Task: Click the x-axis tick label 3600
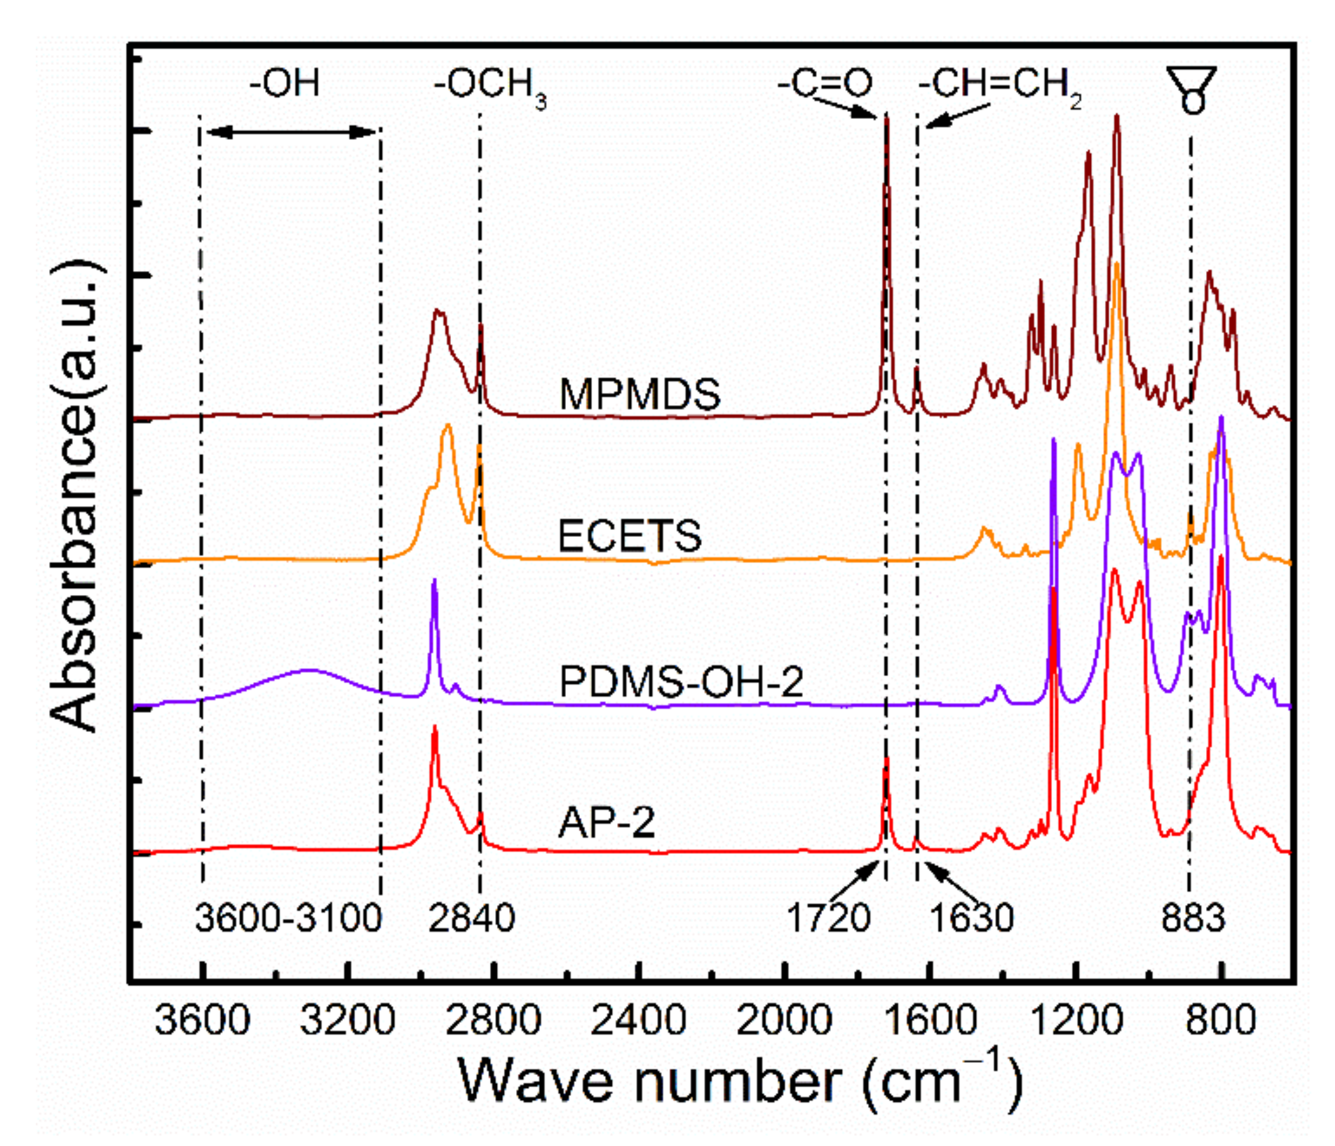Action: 202,1020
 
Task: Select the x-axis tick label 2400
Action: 638,1020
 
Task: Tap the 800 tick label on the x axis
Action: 1220,1020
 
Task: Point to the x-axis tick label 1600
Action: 929,1020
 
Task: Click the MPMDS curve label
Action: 639,394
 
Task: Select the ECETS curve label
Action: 629,536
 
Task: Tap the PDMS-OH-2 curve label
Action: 681,681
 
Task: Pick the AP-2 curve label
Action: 606,823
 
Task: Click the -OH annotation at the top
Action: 284,83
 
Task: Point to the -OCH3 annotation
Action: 490,87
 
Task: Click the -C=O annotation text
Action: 825,84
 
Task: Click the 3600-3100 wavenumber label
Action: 289,918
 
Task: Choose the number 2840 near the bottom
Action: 471,918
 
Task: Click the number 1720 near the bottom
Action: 829,918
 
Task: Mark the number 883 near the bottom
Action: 1193,918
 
